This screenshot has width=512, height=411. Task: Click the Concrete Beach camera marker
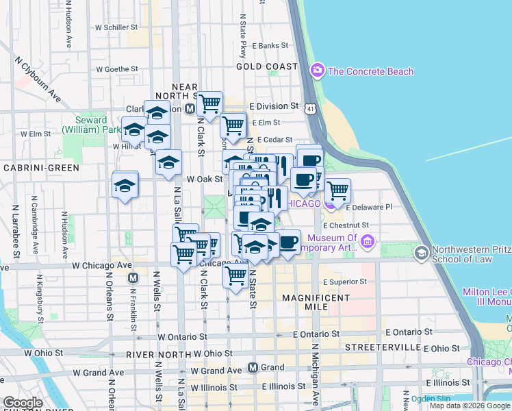[x=317, y=71]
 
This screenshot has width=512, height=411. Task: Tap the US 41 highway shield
[x=311, y=109]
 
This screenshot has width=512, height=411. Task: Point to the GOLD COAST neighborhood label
[x=267, y=66]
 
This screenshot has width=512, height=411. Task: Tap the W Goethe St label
[x=117, y=69]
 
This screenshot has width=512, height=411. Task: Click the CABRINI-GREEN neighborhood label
[x=40, y=167]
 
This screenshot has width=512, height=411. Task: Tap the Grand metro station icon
[x=253, y=367]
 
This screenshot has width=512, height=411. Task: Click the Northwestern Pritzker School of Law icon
[x=421, y=253]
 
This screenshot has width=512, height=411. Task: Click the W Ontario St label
[x=182, y=337]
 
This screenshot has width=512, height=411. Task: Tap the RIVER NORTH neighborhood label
[x=158, y=354]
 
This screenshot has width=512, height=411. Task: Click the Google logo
[x=23, y=403]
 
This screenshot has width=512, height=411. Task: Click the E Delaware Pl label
[x=369, y=207]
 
